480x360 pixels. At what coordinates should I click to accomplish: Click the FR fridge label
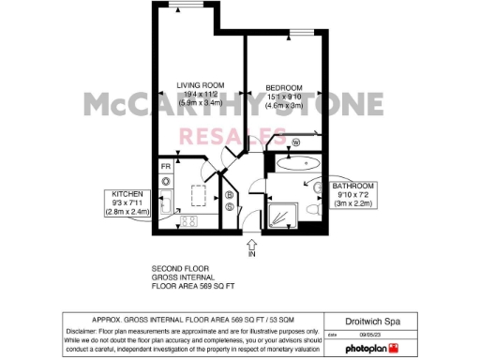[165, 166]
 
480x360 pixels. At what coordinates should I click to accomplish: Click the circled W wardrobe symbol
[296, 142]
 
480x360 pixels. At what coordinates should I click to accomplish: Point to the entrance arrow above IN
[250, 244]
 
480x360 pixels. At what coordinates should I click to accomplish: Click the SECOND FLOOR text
[179, 269]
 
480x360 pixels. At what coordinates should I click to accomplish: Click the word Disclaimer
[84, 331]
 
